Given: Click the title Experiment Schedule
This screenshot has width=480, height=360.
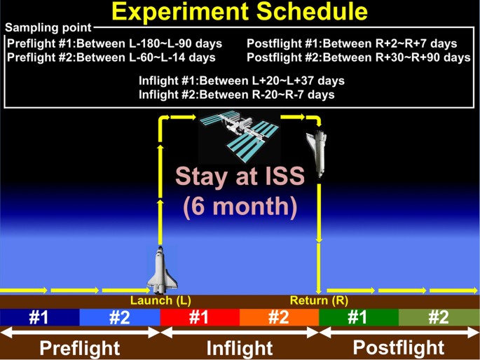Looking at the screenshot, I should tap(240, 12).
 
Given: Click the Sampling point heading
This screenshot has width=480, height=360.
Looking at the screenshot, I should tap(48, 28).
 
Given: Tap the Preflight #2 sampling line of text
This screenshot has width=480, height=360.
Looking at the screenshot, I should tap(111, 57).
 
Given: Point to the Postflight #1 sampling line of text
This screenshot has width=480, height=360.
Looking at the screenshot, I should tap(352, 43).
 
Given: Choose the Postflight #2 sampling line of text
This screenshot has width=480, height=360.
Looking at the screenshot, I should tap(358, 57).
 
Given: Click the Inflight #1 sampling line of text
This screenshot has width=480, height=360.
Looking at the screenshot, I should tap(241, 81).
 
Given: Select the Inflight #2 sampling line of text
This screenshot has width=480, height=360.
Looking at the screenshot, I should tap(236, 94).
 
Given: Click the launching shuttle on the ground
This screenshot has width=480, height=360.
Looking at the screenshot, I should tap(160, 270).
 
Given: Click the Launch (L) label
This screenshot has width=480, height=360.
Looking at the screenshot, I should tap(160, 300).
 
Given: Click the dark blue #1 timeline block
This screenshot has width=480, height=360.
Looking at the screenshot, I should tap(39, 317).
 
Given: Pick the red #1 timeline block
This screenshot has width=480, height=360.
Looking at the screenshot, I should tap(200, 317).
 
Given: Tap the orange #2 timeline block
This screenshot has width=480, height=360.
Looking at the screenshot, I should tap(279, 317).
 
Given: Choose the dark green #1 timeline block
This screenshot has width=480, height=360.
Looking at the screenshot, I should tap(358, 317).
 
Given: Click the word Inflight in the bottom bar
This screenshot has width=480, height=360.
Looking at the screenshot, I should tap(240, 347).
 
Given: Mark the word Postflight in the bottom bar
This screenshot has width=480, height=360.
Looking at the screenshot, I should tap(398, 347).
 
